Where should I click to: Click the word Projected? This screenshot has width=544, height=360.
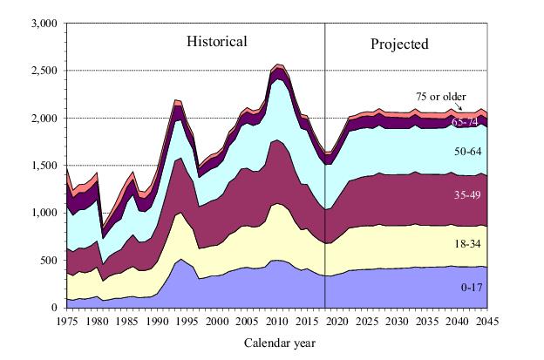400,44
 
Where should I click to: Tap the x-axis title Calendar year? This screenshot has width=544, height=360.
279,343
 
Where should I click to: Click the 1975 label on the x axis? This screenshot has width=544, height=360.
67,320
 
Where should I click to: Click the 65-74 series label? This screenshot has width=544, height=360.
465,123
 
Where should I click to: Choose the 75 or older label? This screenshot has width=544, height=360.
440,96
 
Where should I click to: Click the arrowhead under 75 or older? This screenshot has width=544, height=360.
461,110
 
